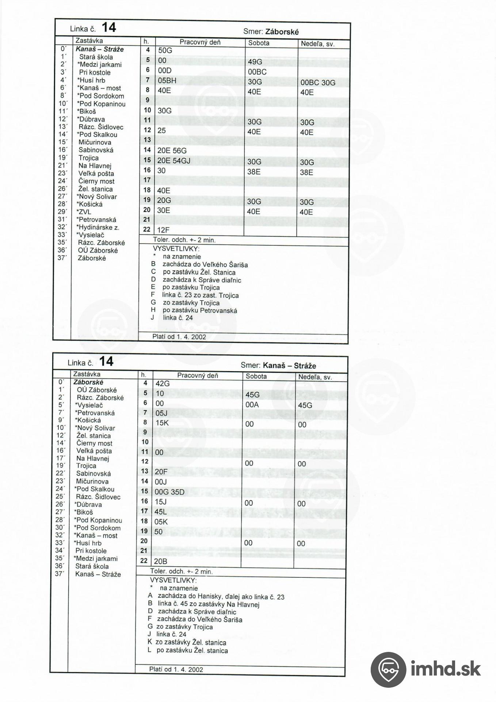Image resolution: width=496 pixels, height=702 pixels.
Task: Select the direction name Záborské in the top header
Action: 282,32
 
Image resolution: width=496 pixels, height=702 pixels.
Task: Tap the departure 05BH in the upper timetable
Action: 167,80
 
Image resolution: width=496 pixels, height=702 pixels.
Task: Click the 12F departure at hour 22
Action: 164,230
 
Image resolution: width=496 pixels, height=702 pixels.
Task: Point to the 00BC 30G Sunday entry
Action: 318,83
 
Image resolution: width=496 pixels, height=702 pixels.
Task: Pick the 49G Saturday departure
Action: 255,62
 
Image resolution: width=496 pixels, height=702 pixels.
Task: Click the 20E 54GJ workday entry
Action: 174,161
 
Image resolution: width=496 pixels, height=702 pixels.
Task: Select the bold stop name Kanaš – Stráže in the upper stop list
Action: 100,49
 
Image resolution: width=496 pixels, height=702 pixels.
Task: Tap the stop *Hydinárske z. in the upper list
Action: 98,227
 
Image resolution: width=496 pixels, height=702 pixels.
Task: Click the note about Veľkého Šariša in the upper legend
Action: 205,264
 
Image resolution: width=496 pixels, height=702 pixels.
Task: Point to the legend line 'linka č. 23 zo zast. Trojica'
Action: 200,295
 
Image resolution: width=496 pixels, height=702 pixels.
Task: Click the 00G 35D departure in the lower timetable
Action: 169,492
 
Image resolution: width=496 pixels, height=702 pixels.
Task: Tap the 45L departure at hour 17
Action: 161,512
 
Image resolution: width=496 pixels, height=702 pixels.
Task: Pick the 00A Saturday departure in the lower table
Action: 252,405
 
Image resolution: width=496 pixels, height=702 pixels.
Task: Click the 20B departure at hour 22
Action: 161,561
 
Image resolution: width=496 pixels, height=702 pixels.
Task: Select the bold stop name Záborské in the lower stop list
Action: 88,382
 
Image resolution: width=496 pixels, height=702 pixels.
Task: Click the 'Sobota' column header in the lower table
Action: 256,376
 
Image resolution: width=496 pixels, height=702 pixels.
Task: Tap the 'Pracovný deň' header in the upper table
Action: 200,42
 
